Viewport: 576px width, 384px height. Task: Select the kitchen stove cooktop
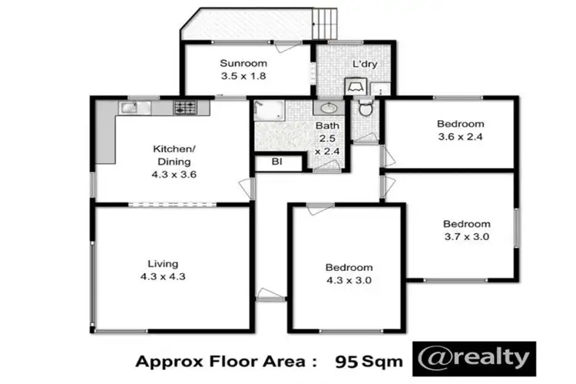(186, 108)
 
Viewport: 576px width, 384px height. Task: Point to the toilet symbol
(366, 108)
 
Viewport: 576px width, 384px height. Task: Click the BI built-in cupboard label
(273, 162)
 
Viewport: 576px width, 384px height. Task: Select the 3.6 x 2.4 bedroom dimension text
(461, 137)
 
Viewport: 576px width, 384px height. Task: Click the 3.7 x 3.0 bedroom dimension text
(467, 237)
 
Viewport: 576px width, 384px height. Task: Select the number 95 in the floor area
(349, 360)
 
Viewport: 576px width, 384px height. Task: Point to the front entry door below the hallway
(270, 294)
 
